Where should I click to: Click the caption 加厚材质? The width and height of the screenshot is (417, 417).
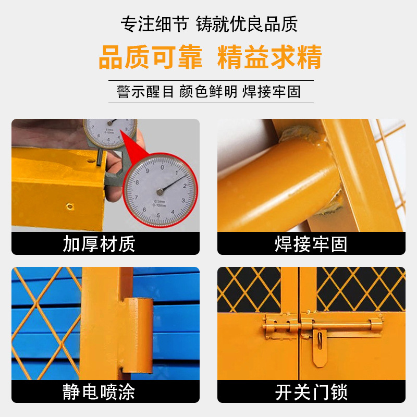(99, 243)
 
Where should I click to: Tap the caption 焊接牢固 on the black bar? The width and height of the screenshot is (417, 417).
(311, 244)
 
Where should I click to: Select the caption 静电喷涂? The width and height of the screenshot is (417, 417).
(99, 392)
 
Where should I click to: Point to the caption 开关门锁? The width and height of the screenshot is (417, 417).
(311, 392)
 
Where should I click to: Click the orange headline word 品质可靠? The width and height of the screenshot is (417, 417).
(151, 57)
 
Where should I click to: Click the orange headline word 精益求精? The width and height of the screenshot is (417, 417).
(269, 57)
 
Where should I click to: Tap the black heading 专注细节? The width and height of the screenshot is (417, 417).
(155, 24)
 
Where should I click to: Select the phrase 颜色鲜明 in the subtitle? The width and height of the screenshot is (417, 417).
(208, 92)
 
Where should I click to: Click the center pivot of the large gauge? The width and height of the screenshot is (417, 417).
(160, 191)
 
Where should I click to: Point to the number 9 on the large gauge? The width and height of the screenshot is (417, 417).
(148, 171)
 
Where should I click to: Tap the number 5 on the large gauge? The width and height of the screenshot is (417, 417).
(158, 215)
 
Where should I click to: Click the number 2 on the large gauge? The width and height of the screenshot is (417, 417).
(185, 186)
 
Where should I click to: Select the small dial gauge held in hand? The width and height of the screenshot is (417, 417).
(110, 133)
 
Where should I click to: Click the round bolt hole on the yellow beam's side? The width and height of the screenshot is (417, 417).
(70, 206)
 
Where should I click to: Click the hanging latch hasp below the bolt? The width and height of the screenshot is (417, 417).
(320, 347)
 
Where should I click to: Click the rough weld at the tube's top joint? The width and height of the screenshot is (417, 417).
(299, 133)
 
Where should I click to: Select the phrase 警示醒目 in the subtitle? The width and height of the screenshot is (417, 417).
(145, 92)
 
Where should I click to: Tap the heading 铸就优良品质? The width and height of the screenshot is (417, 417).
(247, 24)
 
